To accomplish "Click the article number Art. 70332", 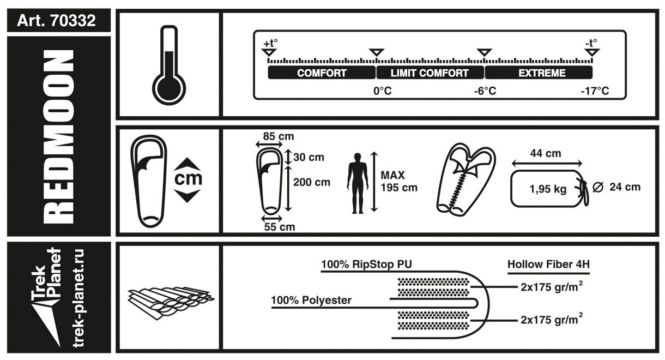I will tap(57, 21).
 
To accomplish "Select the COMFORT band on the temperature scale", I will tap(322, 73).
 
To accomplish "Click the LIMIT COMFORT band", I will tap(430, 73).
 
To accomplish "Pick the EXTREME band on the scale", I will tap(538, 73).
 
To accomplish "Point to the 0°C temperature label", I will tap(382, 91).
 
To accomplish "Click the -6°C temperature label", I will tap(485, 91).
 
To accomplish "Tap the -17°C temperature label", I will tap(594, 91).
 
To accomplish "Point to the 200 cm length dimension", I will tap(311, 182).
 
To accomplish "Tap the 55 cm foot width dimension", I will tap(279, 227).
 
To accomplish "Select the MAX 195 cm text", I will tap(399, 182).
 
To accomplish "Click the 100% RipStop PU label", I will tap(366, 265).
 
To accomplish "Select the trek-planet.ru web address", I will tap(78, 297).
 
